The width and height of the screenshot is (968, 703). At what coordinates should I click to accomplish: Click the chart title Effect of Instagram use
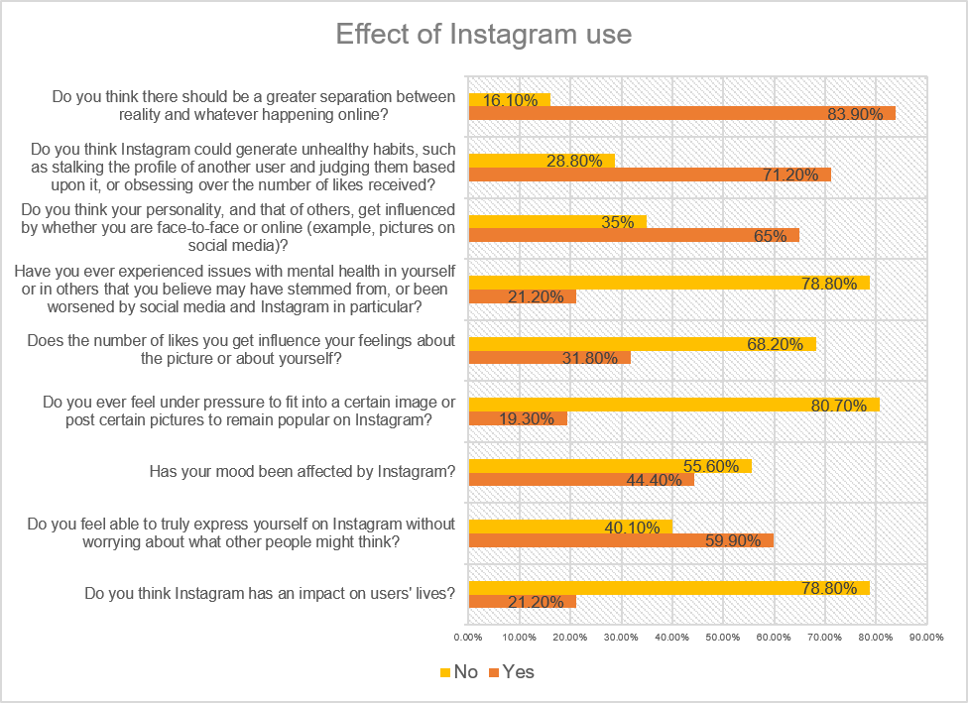483,35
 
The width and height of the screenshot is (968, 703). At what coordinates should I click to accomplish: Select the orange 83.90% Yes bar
681,113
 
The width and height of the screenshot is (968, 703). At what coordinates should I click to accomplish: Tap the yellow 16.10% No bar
508,99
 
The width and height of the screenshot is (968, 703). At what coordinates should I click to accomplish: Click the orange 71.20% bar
649,175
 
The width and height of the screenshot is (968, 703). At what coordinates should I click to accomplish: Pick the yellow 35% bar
556,221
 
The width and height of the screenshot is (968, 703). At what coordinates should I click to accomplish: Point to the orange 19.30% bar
517,418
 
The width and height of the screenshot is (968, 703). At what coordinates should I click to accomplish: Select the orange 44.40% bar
580,480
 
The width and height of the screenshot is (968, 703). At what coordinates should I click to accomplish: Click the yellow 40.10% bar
569,527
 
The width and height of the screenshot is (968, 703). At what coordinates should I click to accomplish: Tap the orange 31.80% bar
548,358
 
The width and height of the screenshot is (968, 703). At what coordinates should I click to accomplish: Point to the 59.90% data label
731,541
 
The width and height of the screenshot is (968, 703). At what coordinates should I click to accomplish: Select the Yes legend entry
510,672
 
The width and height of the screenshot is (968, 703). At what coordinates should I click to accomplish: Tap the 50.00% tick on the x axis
722,636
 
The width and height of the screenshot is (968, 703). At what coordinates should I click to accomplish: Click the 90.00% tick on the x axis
925,636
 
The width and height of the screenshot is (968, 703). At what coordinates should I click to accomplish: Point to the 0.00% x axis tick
467,636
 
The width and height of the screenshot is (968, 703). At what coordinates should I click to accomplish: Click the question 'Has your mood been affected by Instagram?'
302,472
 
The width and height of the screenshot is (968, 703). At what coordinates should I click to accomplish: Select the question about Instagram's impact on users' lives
270,595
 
